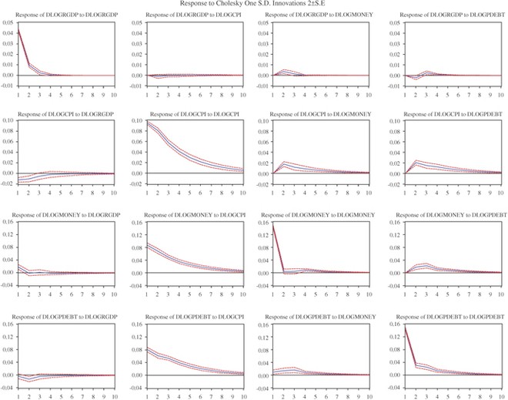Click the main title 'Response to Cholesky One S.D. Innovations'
pyautogui.click(x=255, y=4)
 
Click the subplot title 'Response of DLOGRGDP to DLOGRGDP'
pyautogui.click(x=66, y=15)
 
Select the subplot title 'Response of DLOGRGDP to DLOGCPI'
pyautogui.click(x=192, y=15)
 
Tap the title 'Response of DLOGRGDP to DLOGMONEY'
pyautogui.click(x=319, y=15)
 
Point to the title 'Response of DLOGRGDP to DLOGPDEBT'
pyautogui.click(x=446, y=15)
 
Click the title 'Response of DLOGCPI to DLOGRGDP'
pyautogui.click(x=66, y=115)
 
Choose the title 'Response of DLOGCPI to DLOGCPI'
pyautogui.click(x=192, y=115)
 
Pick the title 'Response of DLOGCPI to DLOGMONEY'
pyautogui.click(x=319, y=115)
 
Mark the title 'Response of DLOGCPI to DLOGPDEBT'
pyautogui.click(x=446, y=115)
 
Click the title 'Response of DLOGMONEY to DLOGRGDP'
pyautogui.click(x=66, y=215)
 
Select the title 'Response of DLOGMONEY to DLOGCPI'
pyautogui.click(x=192, y=215)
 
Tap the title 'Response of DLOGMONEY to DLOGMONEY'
pyautogui.click(x=319, y=215)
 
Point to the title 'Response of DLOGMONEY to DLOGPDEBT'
pyautogui.click(x=446, y=215)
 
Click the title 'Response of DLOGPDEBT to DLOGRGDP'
pyautogui.click(x=66, y=317)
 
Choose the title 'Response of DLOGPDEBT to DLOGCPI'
pyautogui.click(x=192, y=317)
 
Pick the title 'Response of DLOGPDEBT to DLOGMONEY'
pyautogui.click(x=319, y=317)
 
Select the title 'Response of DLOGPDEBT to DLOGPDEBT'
pyautogui.click(x=446, y=317)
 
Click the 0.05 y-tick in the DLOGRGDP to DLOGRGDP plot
pyautogui.click(x=7, y=22)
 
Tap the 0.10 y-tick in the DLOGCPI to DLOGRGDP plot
pyautogui.click(x=7, y=122)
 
